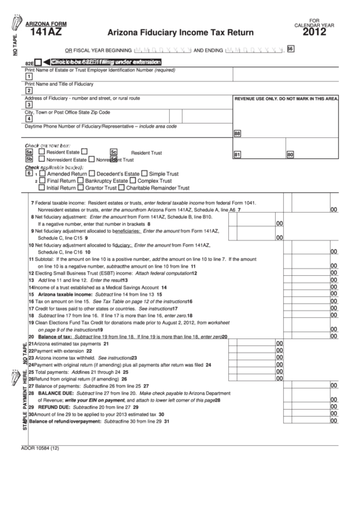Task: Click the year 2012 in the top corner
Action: coord(319,31)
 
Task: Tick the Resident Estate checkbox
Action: coord(41,152)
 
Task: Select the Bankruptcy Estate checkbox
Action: coord(81,181)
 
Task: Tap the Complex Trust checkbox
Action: coord(133,181)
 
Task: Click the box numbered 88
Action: coord(238,134)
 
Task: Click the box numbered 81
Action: coord(237,155)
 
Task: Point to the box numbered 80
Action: coord(290,155)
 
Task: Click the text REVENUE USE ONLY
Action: coord(262,99)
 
